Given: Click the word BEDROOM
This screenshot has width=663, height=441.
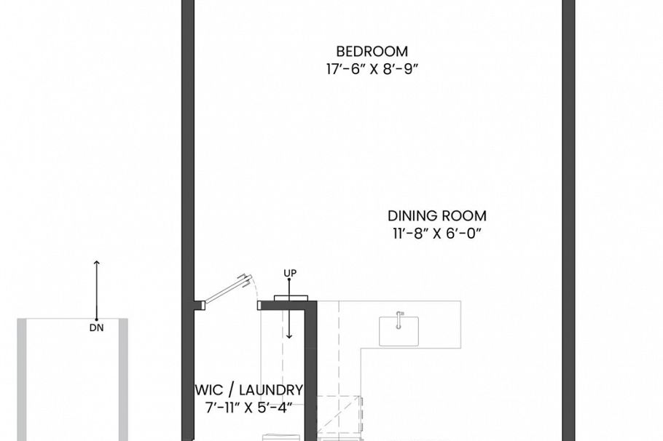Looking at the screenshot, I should point(372,52).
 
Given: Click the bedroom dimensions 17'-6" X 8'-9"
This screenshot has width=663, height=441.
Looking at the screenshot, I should point(372,70).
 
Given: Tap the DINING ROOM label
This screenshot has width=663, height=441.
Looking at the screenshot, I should point(436,216).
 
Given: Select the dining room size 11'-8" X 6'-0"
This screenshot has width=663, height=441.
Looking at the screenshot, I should point(436,234).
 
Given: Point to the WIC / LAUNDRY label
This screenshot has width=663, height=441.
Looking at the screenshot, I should point(249,390).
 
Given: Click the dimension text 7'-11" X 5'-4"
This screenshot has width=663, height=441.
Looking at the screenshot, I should point(249,408).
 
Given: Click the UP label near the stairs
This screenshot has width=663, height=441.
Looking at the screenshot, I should point(290,273).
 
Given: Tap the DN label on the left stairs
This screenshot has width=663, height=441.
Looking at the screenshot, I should point(96,328).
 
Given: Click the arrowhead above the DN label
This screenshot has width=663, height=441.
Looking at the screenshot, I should point(96,263).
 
